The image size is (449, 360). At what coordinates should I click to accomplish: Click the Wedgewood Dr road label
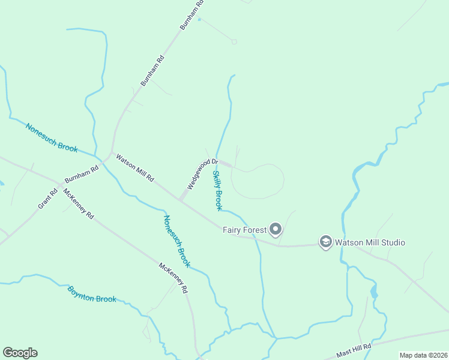tap(201, 174)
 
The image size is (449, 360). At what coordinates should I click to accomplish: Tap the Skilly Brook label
tap(217, 190)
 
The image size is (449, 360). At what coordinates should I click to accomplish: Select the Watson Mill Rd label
tap(135, 169)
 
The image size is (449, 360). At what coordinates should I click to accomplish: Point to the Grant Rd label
tap(47, 198)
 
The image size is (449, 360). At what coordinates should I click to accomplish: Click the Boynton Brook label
tap(91, 294)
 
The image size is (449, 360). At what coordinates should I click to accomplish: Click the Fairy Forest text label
tap(244, 229)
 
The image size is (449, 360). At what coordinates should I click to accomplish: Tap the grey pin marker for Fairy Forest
tap(276, 229)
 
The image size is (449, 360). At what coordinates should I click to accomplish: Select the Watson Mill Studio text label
tap(370, 242)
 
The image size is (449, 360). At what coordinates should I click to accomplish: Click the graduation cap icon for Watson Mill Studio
tap(326, 242)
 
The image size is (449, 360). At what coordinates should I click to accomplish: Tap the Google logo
tap(20, 353)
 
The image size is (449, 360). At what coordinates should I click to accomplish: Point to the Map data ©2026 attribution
tap(423, 355)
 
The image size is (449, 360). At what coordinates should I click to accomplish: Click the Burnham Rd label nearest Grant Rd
tap(82, 175)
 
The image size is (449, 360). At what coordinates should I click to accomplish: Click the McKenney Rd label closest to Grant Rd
tap(79, 205)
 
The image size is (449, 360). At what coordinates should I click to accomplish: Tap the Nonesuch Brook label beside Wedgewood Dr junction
tap(177, 241)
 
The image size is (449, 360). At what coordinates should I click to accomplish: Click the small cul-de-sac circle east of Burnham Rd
tap(234, 41)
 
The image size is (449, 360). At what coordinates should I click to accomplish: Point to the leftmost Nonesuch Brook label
tap(52, 138)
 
